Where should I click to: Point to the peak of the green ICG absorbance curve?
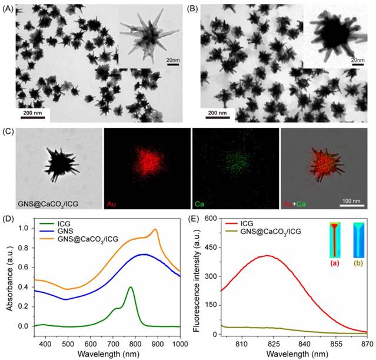coord(131,288)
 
